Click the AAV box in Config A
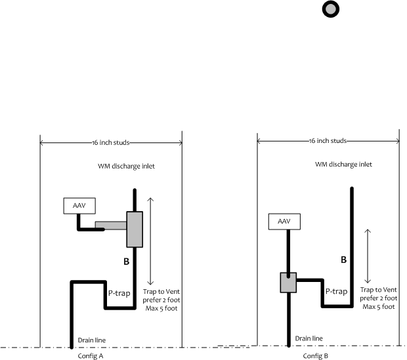(79, 205)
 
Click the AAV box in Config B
(284, 222)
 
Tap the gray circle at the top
(330, 9)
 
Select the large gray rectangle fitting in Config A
(135, 230)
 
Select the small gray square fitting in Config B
(288, 283)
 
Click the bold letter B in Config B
(343, 260)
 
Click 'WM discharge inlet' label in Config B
(343, 165)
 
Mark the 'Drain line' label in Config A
(91, 340)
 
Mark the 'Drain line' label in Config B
(309, 338)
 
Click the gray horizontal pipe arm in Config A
(110, 226)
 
